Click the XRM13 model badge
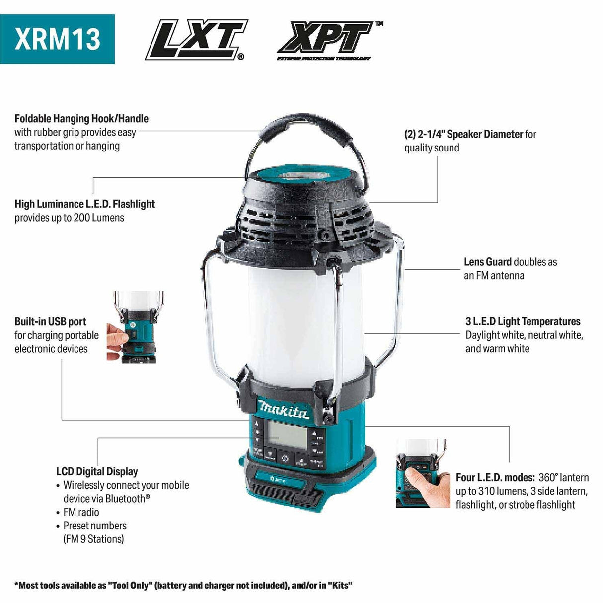coord(57,39)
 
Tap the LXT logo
coord(196,40)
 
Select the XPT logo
coord(328,40)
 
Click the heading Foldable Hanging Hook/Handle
coord(81,119)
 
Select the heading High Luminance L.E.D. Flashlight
coord(84,204)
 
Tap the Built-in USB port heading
coord(50,321)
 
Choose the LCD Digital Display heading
coord(97,471)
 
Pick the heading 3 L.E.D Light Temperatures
coord(523,321)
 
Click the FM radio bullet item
coord(81,512)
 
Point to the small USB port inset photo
coord(135,325)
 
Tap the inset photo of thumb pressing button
coord(421,473)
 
